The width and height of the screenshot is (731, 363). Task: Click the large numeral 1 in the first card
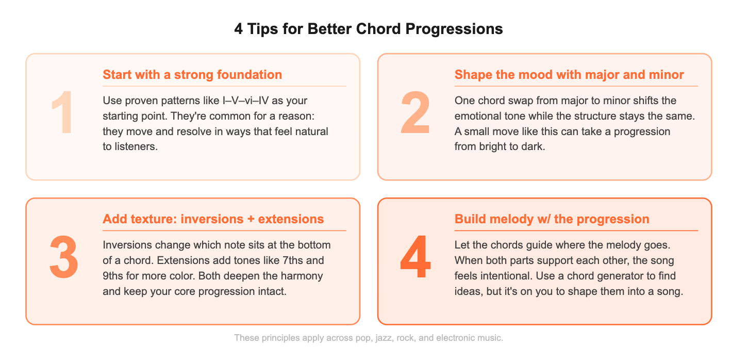pos(62,114)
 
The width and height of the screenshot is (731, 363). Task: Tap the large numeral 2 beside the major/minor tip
pos(415,114)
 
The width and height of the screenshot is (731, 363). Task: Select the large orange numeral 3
pos(63,258)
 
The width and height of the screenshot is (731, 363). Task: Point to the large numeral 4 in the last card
pos(415,258)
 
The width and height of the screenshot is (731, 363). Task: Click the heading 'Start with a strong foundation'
pos(192,75)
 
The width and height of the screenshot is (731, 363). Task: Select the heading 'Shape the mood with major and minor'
pos(569,75)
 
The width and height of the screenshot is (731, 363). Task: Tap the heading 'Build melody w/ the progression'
pos(552,219)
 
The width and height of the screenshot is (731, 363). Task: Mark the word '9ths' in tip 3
pos(115,275)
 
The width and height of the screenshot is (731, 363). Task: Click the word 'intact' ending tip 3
pos(272,291)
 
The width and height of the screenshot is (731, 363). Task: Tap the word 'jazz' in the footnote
pos(382,338)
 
